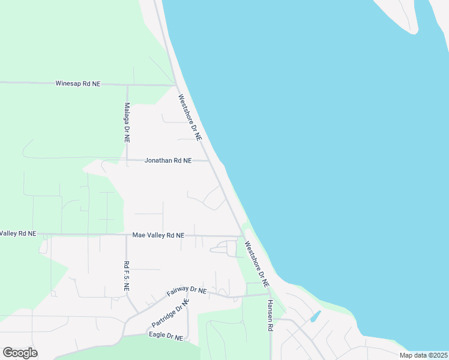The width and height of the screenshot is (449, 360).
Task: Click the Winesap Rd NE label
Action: coord(77,84)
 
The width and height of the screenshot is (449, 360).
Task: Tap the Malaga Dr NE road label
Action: coord(127,122)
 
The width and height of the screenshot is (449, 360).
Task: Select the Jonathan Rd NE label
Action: coord(167,161)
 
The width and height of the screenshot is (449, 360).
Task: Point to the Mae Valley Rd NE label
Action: coord(158,236)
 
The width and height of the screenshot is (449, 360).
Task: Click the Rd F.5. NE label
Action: coord(126,276)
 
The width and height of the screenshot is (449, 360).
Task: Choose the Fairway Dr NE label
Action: coord(186,291)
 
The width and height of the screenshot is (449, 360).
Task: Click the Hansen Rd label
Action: coord(270,316)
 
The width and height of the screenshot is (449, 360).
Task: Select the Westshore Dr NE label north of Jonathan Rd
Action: coord(189,117)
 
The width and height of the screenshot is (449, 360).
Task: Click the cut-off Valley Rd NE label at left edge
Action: coord(18,233)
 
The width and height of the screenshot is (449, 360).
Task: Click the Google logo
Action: coord(20,353)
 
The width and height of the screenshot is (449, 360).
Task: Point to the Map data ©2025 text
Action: coord(423,355)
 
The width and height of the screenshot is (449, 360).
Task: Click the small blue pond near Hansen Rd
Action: coord(315,316)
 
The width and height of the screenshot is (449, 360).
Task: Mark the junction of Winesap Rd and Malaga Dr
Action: coord(127,85)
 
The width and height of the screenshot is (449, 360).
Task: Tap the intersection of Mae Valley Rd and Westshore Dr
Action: coord(240,236)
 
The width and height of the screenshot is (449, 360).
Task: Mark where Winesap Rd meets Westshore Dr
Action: coord(175,85)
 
